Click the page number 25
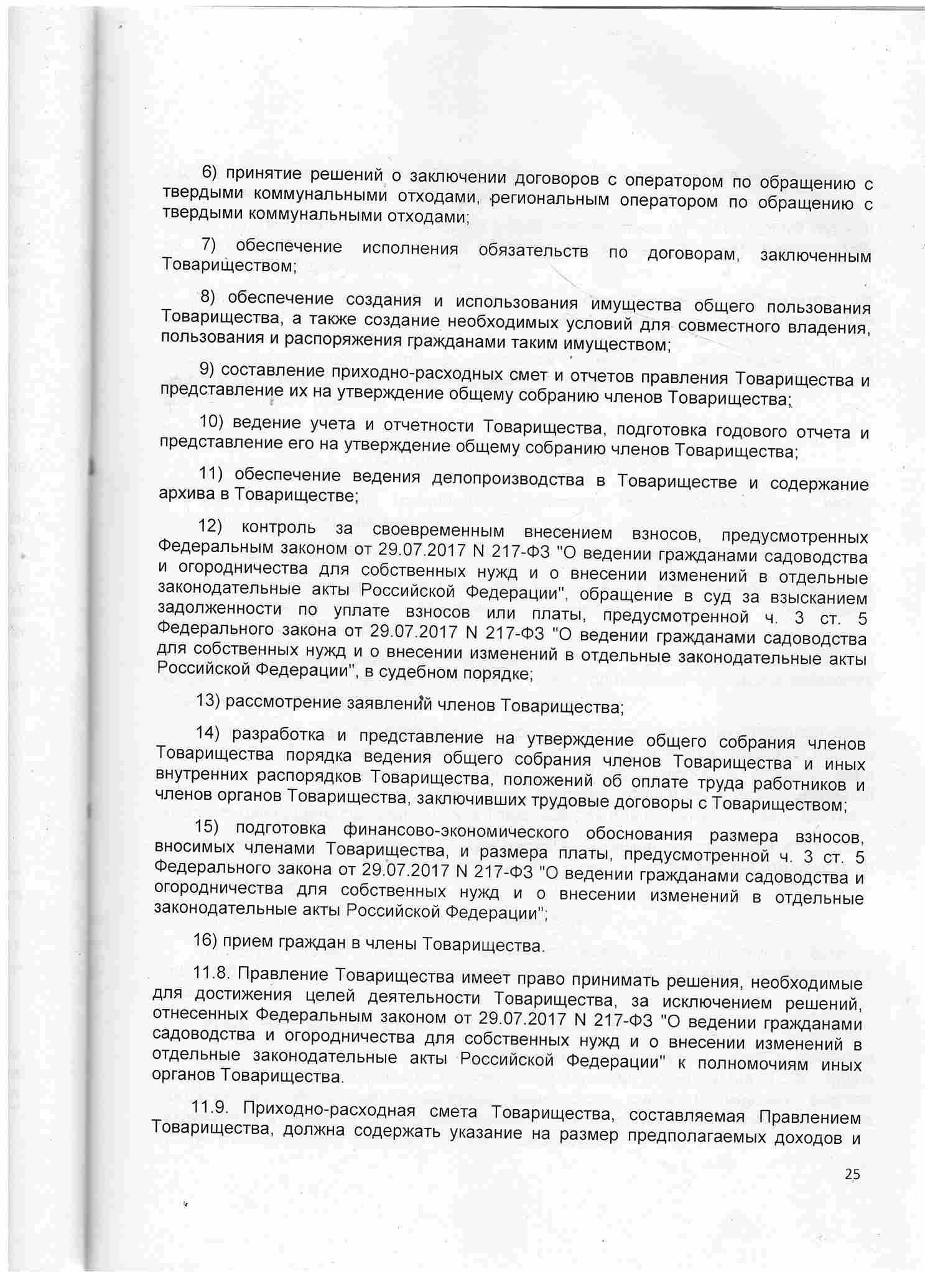852,1174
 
